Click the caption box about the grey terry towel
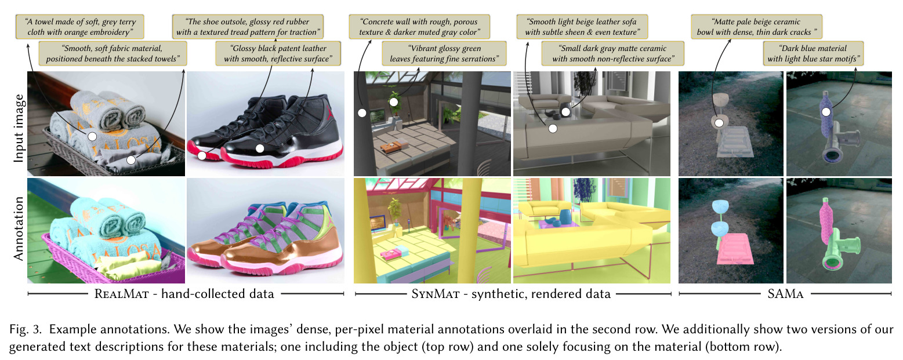(x=80, y=27)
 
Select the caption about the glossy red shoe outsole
(x=248, y=27)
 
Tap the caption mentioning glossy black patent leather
(x=278, y=53)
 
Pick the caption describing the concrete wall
(x=419, y=27)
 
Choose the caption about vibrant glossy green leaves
(x=444, y=53)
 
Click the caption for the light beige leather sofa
(x=582, y=27)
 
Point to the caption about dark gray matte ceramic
(x=613, y=53)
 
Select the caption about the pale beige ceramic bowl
(x=756, y=27)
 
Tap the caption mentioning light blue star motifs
(x=813, y=53)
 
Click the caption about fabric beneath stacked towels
(x=113, y=53)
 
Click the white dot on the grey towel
(x=92, y=137)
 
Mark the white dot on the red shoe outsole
(x=202, y=155)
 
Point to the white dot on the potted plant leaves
(x=394, y=103)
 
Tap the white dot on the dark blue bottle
(x=826, y=112)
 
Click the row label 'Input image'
(x=19, y=128)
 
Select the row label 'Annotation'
(x=19, y=228)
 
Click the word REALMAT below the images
(x=121, y=294)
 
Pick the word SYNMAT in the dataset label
(x=436, y=294)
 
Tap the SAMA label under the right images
(x=785, y=294)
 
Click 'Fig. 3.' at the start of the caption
(x=26, y=329)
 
